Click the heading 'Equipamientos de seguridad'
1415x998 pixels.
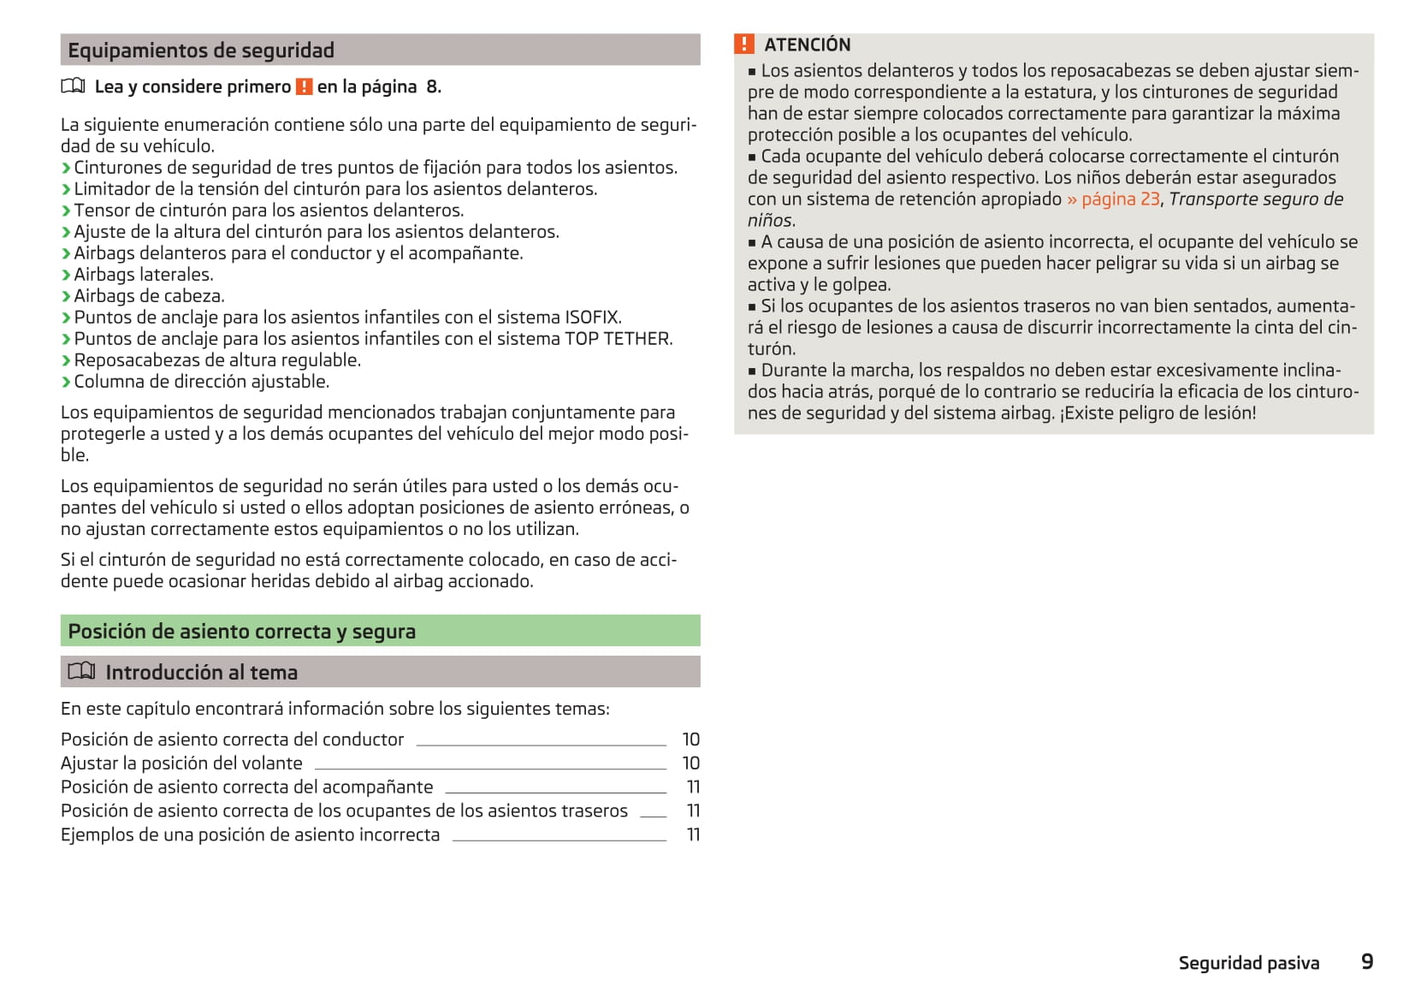(201, 50)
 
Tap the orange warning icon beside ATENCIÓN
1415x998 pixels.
(744, 45)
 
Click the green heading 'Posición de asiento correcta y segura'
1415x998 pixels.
(241, 632)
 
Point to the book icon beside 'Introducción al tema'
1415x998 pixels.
(81, 672)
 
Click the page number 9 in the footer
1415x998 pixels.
(1366, 962)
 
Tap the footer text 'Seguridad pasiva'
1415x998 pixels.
(1248, 963)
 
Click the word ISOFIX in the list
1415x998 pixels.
(592, 318)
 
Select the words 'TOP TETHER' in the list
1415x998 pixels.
(618, 339)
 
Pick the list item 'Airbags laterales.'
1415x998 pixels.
(143, 275)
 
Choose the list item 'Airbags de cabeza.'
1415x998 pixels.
(149, 296)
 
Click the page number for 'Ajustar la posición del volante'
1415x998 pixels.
(690, 763)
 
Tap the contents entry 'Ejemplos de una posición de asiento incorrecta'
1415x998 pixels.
(250, 835)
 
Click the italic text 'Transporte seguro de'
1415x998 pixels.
(1256, 199)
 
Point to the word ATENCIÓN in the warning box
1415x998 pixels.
(807, 45)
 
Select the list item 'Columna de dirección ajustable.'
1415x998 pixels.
(201, 382)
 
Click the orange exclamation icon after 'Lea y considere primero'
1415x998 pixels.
(304, 86)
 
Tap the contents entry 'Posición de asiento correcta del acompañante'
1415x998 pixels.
(246, 787)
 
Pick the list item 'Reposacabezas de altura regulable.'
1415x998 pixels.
(217, 360)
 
